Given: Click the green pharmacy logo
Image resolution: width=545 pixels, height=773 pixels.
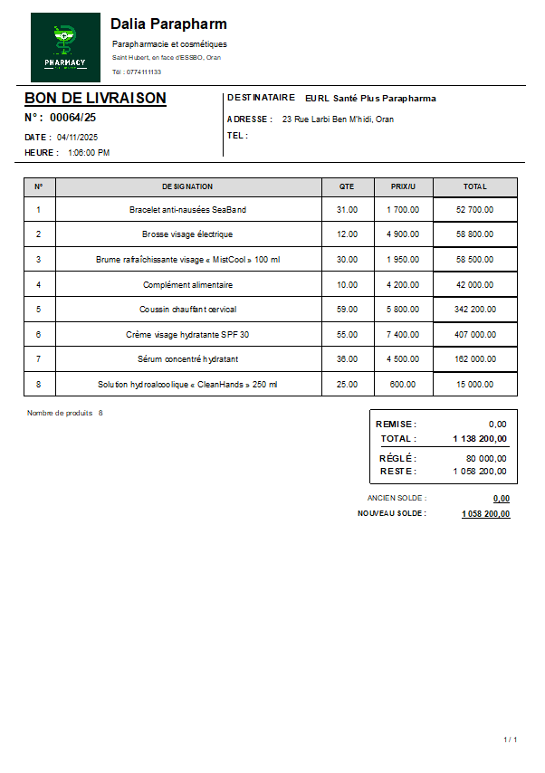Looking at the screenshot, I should [x=65, y=47].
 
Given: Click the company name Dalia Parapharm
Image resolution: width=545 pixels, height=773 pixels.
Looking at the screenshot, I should [x=168, y=24].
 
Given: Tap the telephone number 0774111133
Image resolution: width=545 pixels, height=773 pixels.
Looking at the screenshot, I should [x=144, y=72].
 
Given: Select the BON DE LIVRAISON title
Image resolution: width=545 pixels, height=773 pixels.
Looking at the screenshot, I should [x=95, y=98].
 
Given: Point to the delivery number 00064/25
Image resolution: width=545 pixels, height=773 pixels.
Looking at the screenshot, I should [x=72, y=118].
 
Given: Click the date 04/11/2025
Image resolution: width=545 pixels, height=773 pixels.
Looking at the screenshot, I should [x=77, y=138].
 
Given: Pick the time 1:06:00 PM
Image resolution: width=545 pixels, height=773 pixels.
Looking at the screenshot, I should [x=89, y=153].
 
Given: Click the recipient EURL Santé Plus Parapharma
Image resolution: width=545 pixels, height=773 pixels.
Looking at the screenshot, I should [x=370, y=99].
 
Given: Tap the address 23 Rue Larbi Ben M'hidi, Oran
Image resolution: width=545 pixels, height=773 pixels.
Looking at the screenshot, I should [x=338, y=119].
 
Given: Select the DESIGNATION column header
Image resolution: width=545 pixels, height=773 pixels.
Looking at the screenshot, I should [x=187, y=186].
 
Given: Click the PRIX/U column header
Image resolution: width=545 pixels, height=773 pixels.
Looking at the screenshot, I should [x=403, y=186].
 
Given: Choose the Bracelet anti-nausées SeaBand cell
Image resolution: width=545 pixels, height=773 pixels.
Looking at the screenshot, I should [x=187, y=210].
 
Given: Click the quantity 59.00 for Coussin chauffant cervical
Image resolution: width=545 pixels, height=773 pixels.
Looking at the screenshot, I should [x=347, y=310].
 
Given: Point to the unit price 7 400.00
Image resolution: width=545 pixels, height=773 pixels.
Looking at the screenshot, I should [x=403, y=334].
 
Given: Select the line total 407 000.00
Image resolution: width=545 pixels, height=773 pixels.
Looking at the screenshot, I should [x=474, y=334].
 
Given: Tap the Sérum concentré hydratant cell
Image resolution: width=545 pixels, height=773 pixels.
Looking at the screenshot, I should [x=187, y=359].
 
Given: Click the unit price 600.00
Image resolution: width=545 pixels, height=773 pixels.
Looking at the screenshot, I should [x=403, y=384].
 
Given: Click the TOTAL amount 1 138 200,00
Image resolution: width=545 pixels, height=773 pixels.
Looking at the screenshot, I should [x=480, y=439].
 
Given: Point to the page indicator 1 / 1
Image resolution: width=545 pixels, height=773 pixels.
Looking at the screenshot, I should [x=511, y=740].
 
